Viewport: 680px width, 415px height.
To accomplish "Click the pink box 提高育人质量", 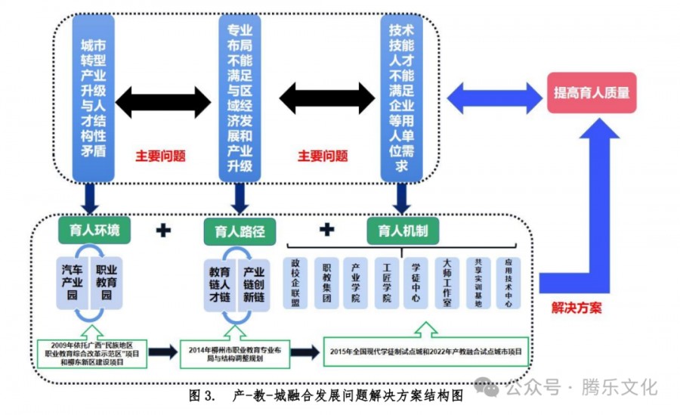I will [592, 93].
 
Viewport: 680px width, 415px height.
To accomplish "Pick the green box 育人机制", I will [403, 230].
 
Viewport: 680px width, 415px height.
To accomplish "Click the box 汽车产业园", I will [73, 282].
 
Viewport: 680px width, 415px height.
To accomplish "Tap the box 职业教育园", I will [107, 282].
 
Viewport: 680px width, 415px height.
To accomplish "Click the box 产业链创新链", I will [254, 283].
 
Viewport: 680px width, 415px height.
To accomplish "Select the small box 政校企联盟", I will [296, 283].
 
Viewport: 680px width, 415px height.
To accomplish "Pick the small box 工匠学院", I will [386, 283].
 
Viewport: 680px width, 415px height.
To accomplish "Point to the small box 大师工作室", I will [447, 283].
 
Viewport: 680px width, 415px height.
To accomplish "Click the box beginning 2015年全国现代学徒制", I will [425, 352].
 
